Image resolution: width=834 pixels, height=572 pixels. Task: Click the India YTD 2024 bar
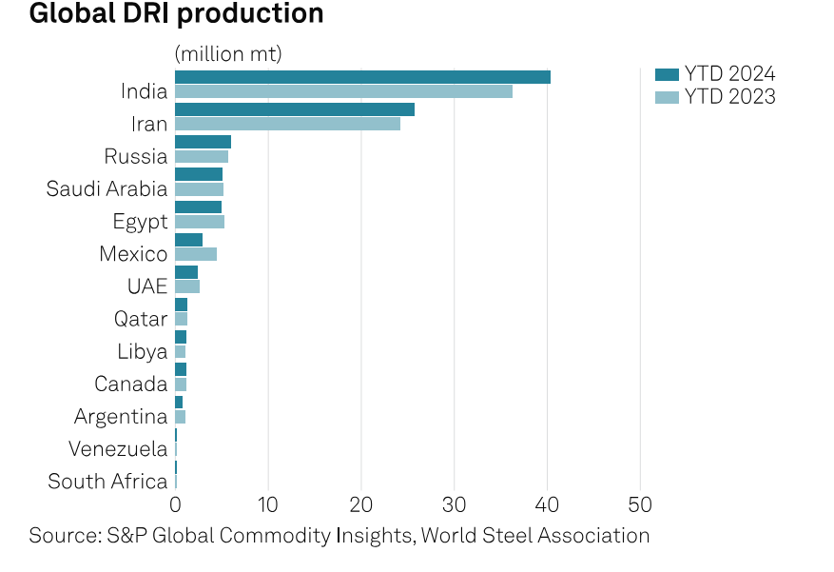[x=362, y=77]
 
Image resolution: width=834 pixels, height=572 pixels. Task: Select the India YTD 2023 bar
[x=343, y=91]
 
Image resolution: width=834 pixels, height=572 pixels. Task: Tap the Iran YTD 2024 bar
[x=295, y=109]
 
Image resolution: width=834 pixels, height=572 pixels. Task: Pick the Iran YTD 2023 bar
[x=287, y=124]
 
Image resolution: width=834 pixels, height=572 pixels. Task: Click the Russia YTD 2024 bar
[x=203, y=142]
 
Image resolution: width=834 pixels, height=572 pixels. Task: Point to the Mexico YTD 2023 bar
[x=196, y=254]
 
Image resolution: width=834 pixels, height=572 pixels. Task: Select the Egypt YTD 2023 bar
[x=200, y=222]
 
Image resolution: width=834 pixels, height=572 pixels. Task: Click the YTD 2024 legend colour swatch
[x=668, y=74]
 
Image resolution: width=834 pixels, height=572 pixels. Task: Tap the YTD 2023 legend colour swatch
[x=668, y=96]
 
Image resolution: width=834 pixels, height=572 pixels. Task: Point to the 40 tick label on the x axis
[x=548, y=503]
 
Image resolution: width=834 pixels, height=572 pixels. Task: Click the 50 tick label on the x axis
[x=640, y=503]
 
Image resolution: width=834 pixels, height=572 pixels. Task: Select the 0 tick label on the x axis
[x=175, y=503]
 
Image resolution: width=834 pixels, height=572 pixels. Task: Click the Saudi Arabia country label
[x=107, y=188]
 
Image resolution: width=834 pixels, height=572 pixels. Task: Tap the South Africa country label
[x=107, y=482]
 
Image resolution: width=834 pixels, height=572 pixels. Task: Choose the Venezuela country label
[x=118, y=449]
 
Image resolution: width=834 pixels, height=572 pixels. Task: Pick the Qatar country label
[x=140, y=319]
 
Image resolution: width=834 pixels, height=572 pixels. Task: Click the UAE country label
[x=146, y=286]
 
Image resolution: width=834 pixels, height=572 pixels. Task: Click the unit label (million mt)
[x=228, y=54]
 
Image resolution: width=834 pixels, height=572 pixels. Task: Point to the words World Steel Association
[x=535, y=536]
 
